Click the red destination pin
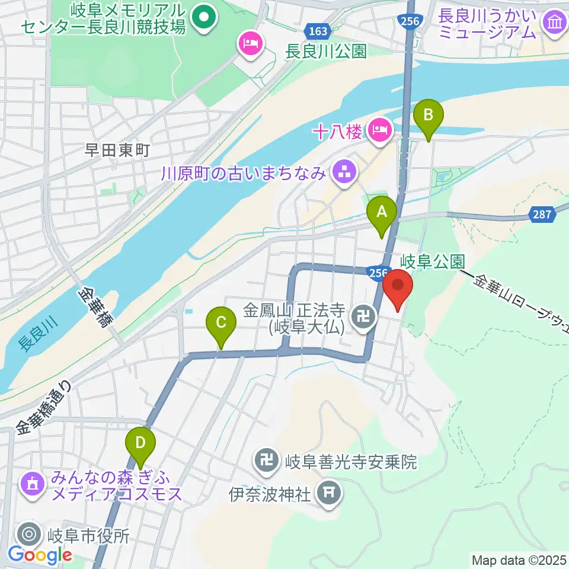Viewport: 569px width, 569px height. (398, 287)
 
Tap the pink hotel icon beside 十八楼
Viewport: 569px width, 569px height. (379, 129)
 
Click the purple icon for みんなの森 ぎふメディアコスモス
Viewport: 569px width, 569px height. (33, 485)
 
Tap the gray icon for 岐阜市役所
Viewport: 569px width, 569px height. (29, 536)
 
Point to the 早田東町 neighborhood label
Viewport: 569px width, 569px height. (117, 151)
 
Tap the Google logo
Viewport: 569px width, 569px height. (40, 555)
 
